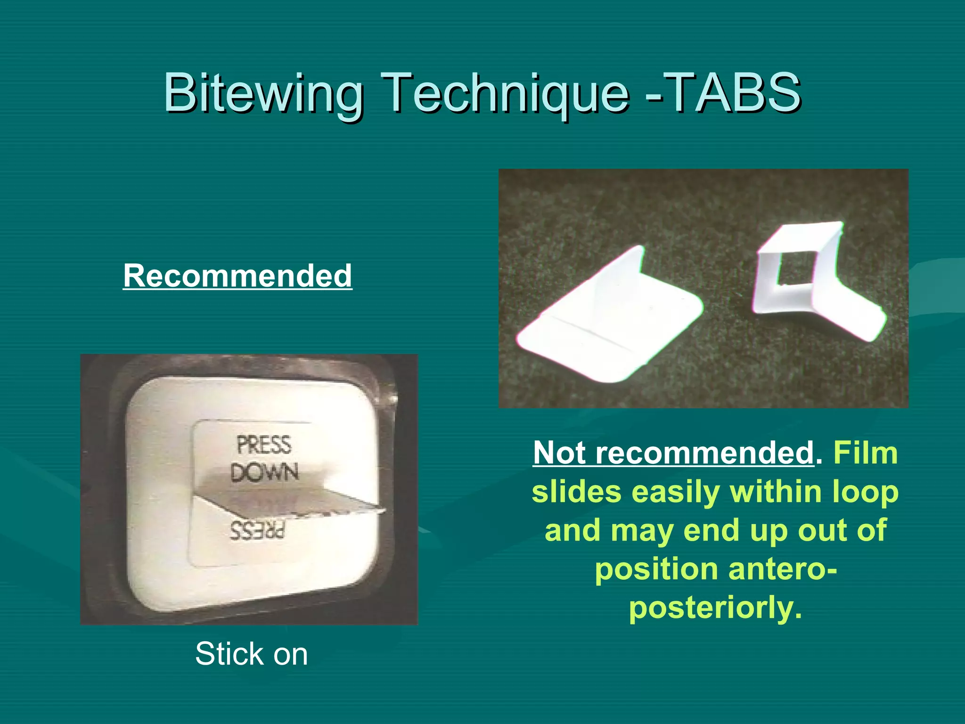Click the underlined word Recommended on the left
(x=237, y=276)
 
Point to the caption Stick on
(x=252, y=654)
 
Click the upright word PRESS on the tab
(x=264, y=445)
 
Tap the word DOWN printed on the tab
(x=265, y=472)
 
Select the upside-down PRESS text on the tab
(x=258, y=531)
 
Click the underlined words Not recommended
(x=673, y=453)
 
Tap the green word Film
(x=865, y=453)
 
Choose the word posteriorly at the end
(x=715, y=608)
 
